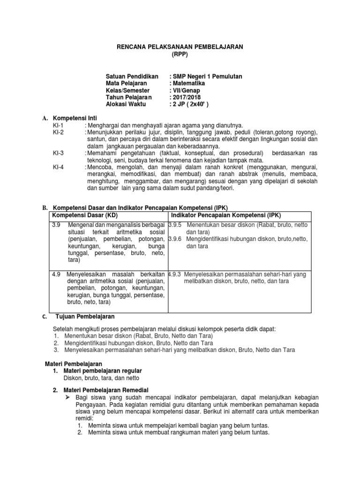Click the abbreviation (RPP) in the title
point(180,54)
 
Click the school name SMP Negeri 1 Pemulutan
point(207,76)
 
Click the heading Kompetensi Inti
point(75,118)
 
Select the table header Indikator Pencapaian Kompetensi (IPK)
point(224,215)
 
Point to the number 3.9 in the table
point(56,225)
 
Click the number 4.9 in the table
point(56,274)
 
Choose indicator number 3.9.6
point(175,239)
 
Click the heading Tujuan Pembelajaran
point(82,317)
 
